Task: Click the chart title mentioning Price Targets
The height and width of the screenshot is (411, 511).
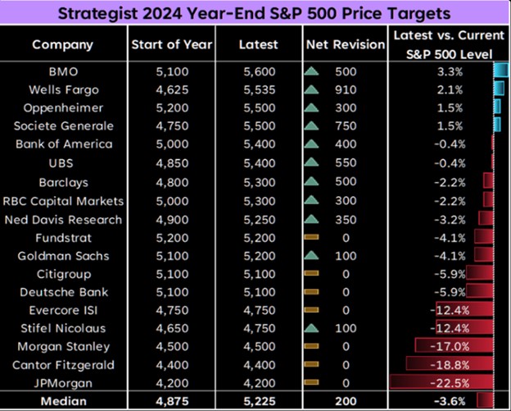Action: [x=255, y=13]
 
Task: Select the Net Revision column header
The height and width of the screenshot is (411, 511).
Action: [x=344, y=44]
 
